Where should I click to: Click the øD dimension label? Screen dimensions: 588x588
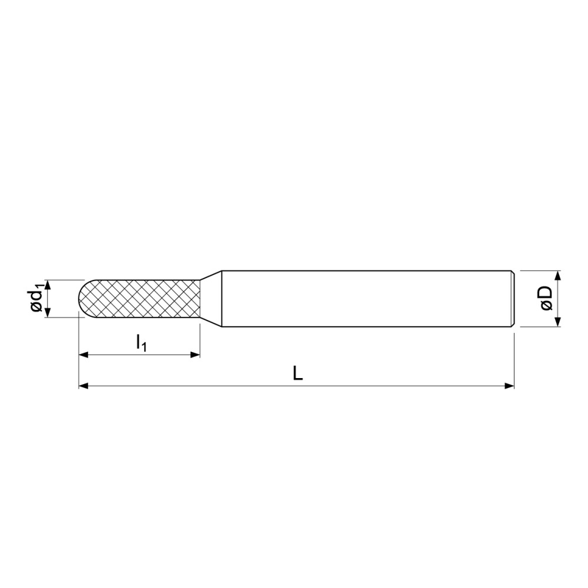(x=547, y=299)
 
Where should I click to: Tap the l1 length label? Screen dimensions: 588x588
(x=141, y=343)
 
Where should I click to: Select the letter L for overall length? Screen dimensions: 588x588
(x=298, y=373)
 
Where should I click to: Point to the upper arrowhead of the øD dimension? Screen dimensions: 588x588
(x=557, y=275)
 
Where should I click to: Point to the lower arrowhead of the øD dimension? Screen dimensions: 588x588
(x=557, y=322)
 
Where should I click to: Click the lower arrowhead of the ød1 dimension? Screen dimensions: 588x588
(x=48, y=312)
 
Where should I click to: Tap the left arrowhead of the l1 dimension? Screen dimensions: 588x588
(x=83, y=355)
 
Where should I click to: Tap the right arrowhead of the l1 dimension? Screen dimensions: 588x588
(x=195, y=355)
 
